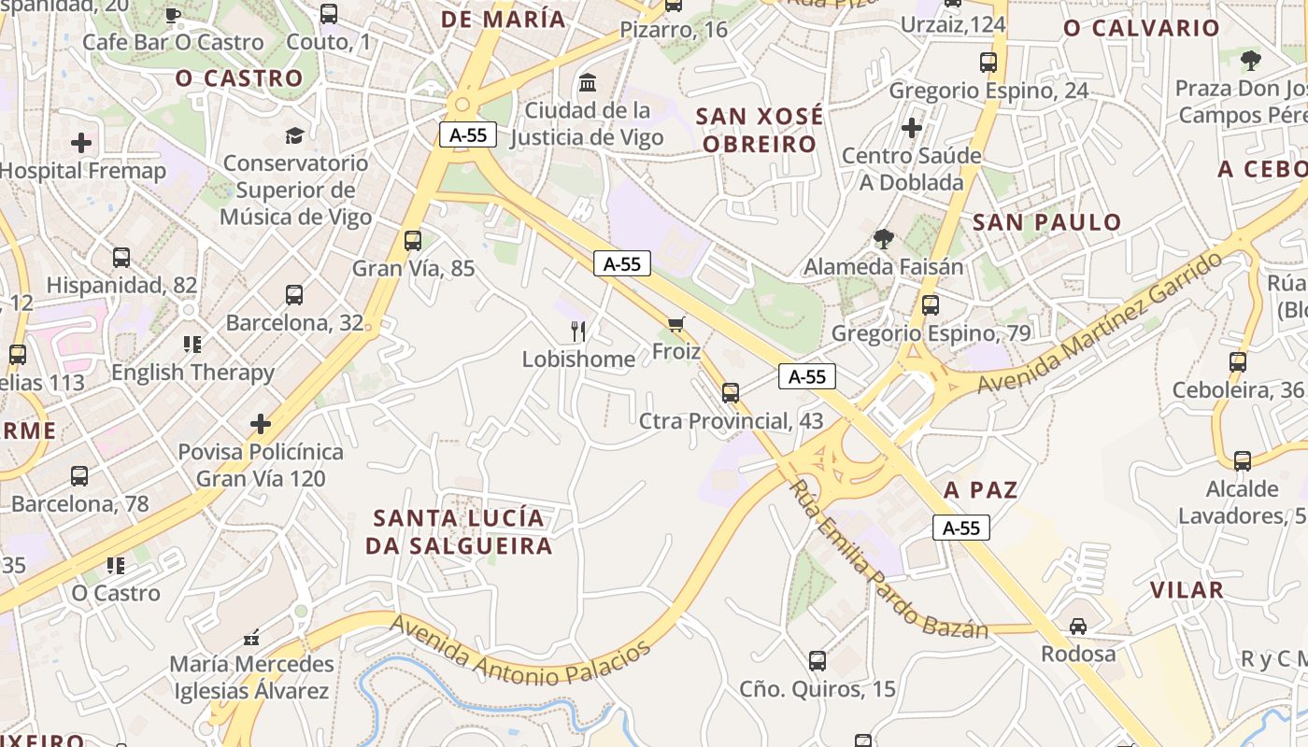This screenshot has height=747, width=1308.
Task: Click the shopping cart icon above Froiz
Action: [x=676, y=325]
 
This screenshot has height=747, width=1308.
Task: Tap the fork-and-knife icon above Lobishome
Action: [x=578, y=331]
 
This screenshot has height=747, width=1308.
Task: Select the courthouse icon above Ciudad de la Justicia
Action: [x=588, y=83]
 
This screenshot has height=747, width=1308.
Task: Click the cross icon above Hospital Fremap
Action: [x=81, y=143]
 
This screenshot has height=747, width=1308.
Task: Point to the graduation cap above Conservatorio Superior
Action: [x=295, y=136]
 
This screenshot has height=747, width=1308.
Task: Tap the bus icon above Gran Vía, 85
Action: [x=413, y=241]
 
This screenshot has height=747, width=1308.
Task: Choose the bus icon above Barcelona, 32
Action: [x=294, y=295]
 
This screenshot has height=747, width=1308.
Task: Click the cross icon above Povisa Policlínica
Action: [x=261, y=424]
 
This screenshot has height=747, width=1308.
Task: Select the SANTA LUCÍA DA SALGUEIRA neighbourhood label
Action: [x=458, y=531]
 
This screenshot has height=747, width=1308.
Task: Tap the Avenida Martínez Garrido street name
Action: [x=1100, y=322]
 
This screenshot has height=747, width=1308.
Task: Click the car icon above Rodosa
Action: [x=1078, y=626]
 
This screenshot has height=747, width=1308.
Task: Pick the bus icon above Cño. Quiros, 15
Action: [x=817, y=661]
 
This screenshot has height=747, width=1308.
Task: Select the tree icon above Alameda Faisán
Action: [x=883, y=239]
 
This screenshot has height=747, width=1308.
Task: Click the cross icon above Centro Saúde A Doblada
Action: [x=912, y=127]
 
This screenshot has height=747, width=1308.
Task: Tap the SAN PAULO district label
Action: [x=1046, y=222]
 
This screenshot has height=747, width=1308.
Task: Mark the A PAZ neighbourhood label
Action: [x=980, y=490]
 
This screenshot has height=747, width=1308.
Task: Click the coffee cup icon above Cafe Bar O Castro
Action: [x=173, y=15]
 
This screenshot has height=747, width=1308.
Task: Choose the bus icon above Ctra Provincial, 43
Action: [x=731, y=392]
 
